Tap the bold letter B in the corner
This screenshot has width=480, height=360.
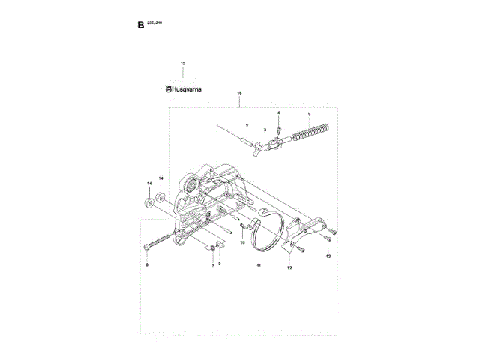(140, 25)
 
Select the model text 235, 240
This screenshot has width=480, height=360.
(154, 22)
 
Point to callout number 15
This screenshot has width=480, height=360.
(182, 62)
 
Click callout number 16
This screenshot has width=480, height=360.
(239, 94)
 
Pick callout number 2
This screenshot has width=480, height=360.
(246, 126)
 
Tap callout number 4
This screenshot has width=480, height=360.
(278, 112)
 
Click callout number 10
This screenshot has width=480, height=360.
(242, 242)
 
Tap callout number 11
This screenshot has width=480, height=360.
(259, 265)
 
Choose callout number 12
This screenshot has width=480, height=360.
(290, 268)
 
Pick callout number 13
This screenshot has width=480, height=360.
(328, 256)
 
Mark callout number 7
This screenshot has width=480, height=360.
(212, 265)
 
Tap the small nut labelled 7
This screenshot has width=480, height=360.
(213, 249)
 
